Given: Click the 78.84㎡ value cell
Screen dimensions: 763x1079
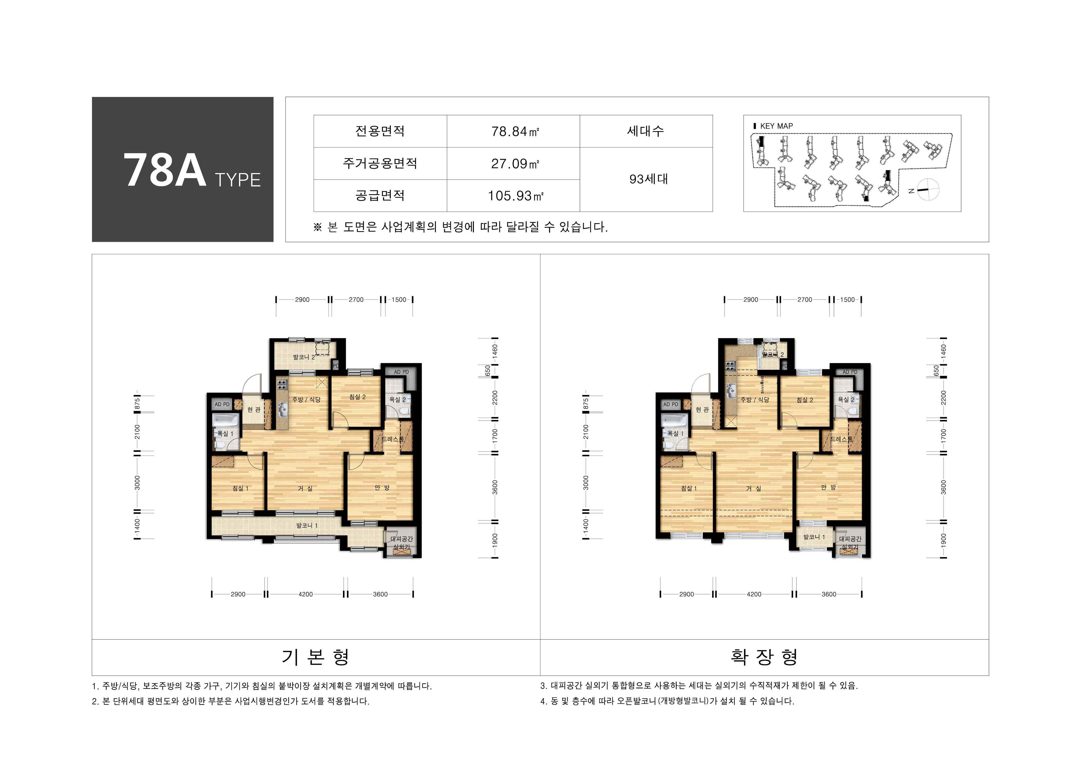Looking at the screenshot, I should pyautogui.click(x=515, y=132).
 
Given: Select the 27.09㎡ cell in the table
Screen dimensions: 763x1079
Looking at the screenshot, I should pyautogui.click(x=515, y=164).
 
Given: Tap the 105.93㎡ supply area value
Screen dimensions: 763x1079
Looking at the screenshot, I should pyautogui.click(x=515, y=196).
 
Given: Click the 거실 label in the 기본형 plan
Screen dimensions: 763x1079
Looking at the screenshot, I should pyautogui.click(x=305, y=489).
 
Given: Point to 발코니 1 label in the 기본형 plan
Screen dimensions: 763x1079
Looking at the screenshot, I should pyautogui.click(x=307, y=525).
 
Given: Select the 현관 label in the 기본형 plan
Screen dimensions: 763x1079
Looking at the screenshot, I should pyautogui.click(x=254, y=410).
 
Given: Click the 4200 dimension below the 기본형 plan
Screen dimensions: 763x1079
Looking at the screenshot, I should pyautogui.click(x=305, y=594).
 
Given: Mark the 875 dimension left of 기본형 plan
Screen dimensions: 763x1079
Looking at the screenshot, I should pyautogui.click(x=137, y=403).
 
